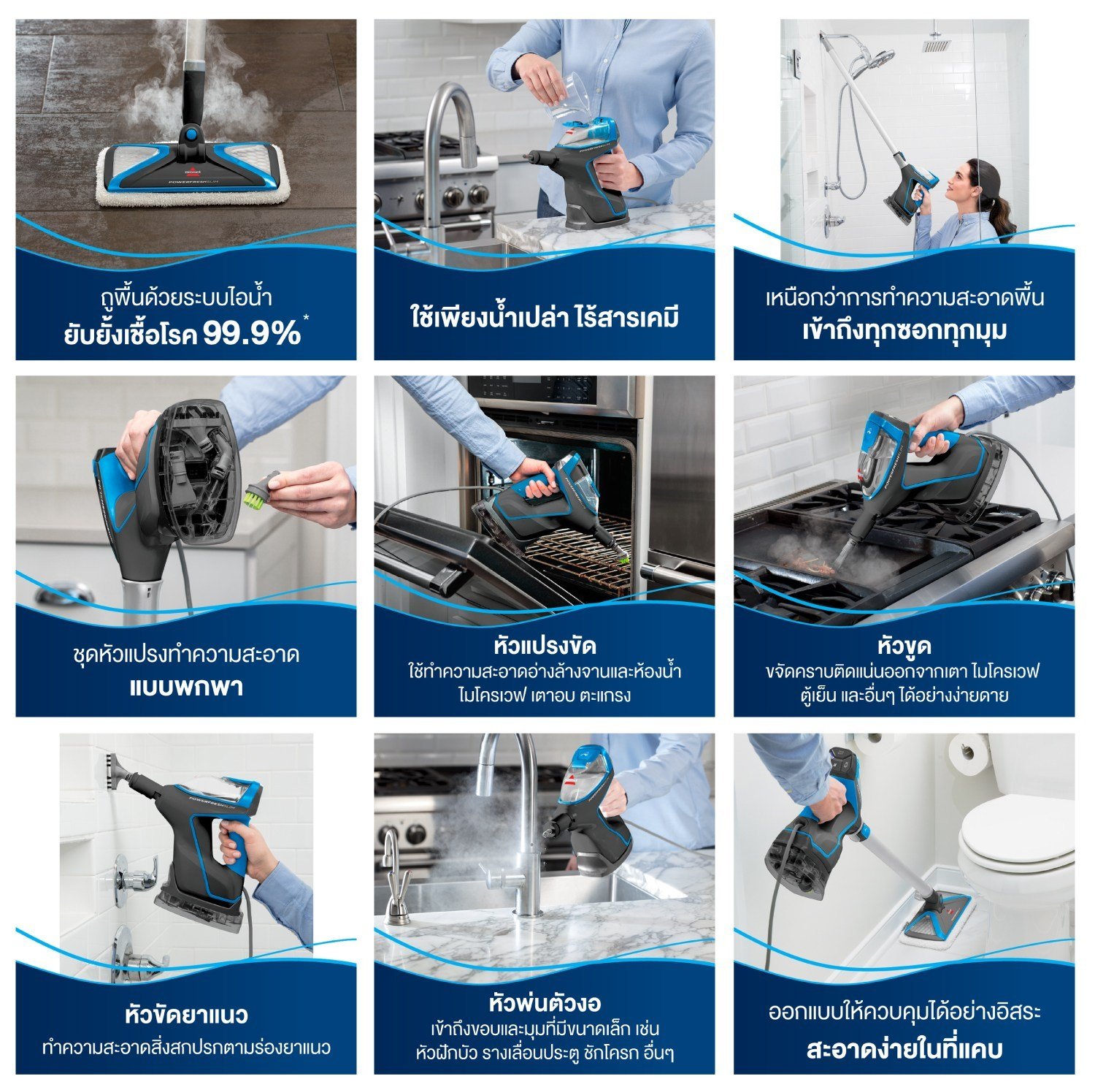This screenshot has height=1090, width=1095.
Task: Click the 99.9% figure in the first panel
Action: pos(251,334)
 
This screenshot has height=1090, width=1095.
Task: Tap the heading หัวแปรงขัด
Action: pos(545,646)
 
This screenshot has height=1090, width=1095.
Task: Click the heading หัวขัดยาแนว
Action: pos(186,1015)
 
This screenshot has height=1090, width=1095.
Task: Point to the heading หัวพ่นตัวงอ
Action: pos(545,1003)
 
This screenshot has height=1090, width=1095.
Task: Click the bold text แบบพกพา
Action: pos(186,687)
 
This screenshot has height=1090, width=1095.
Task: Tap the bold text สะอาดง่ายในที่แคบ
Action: pos(904,1050)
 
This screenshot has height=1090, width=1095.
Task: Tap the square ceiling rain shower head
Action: pos(937,45)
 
